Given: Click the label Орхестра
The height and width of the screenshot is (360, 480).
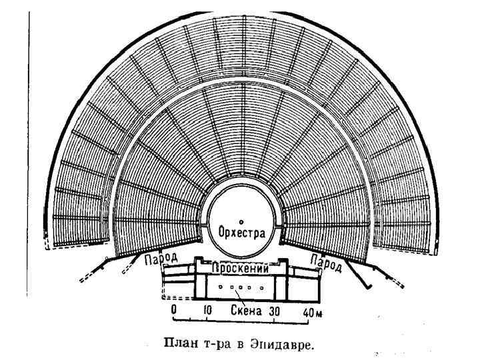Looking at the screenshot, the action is click(x=242, y=233).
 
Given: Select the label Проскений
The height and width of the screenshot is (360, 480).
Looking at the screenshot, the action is click(x=241, y=269).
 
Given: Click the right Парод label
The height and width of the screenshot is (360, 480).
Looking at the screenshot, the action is click(x=327, y=262).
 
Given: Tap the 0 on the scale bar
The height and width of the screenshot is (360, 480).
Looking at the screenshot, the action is click(x=173, y=311).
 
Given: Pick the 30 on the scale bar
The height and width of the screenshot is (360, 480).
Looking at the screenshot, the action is click(x=274, y=311).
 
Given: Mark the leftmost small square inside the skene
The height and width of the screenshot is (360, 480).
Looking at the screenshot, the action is click(x=221, y=287).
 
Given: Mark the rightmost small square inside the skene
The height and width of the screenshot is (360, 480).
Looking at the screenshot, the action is click(x=262, y=288).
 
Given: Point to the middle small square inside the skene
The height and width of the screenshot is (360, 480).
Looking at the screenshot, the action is click(x=241, y=288).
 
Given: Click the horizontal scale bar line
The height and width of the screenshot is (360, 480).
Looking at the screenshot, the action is click(x=240, y=323).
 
